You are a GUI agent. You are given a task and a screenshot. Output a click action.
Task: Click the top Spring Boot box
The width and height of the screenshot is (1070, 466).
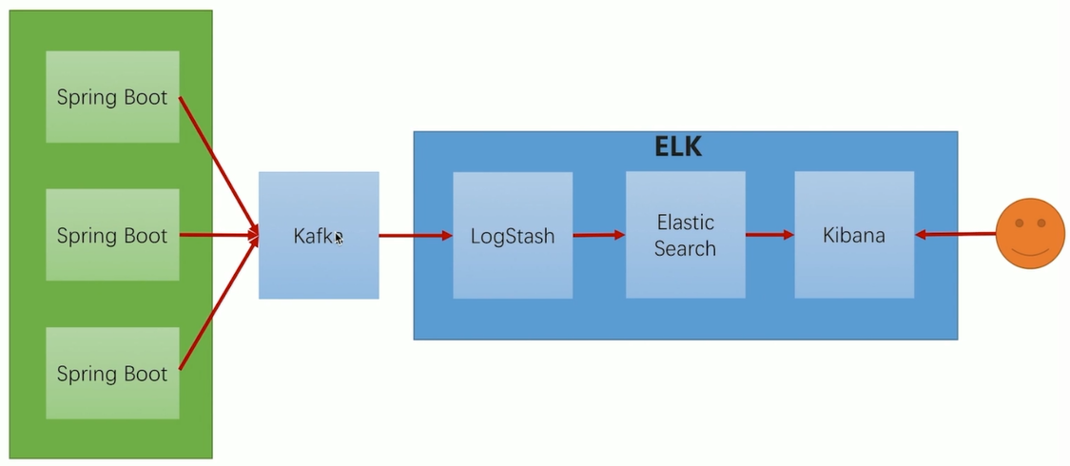pyautogui.click(x=112, y=97)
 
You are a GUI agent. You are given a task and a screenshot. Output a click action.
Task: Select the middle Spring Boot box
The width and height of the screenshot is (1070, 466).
pyautogui.click(x=112, y=235)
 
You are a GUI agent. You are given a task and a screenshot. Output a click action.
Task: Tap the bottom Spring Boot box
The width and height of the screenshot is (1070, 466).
pyautogui.click(x=112, y=373)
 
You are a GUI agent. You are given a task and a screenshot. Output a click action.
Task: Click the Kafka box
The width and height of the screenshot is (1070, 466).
pyautogui.click(x=319, y=235)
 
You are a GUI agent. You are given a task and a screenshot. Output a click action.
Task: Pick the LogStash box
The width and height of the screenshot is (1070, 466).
pyautogui.click(x=513, y=235)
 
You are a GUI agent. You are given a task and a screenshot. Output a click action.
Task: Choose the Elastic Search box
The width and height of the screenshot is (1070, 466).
pyautogui.click(x=685, y=235)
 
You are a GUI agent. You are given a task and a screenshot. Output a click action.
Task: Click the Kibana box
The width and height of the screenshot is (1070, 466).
pyautogui.click(x=854, y=235)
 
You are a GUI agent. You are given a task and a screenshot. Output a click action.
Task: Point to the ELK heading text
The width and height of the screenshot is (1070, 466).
pyautogui.click(x=678, y=147)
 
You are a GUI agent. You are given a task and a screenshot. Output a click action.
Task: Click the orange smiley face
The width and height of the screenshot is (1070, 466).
pyautogui.click(x=1030, y=234)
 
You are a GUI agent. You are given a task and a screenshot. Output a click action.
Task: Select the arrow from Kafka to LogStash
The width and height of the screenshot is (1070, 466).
pyautogui.click(x=416, y=235)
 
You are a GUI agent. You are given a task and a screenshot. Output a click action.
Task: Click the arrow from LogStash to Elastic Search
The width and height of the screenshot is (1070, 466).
pyautogui.click(x=599, y=235)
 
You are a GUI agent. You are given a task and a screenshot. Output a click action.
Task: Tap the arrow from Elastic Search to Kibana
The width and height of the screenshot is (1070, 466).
pyautogui.click(x=769, y=235)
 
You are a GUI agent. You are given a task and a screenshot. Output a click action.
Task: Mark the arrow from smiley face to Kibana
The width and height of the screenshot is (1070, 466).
pyautogui.click(x=955, y=234)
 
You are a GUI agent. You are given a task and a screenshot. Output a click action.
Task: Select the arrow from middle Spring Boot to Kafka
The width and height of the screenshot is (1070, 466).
pyautogui.click(x=219, y=235)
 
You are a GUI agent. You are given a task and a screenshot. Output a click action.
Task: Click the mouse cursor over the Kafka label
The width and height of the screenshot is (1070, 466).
pyautogui.click(x=339, y=238)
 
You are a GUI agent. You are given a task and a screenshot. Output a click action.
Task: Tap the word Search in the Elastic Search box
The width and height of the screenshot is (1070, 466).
pyautogui.click(x=685, y=248)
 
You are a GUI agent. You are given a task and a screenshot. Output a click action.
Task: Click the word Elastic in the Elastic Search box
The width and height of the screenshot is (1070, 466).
pyautogui.click(x=685, y=223)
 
